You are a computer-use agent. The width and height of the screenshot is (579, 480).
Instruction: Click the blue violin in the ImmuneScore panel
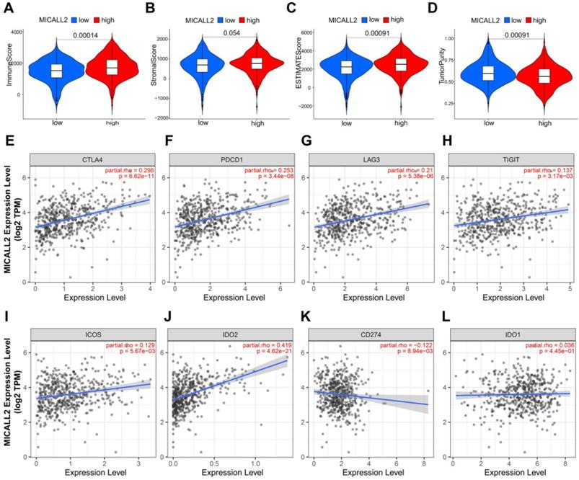click(x=56, y=70)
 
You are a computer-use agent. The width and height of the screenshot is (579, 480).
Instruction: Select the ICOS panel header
click(x=92, y=334)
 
